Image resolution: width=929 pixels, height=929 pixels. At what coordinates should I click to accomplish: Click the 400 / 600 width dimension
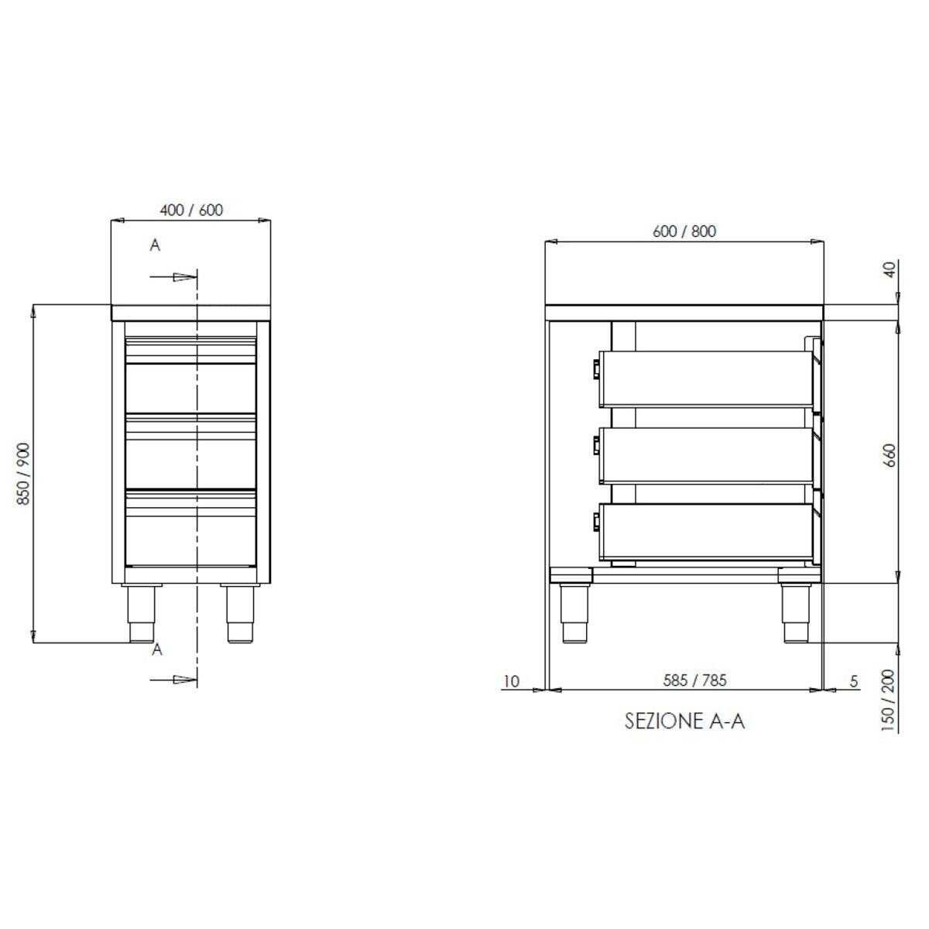point(190,211)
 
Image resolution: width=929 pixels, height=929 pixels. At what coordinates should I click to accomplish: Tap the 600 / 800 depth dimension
point(684,231)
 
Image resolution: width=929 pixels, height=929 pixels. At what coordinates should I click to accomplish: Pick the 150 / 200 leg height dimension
point(889,700)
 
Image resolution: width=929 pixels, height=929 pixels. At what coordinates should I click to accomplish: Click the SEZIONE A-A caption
point(684,722)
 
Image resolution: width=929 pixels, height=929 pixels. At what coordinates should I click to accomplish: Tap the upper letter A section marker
point(155,245)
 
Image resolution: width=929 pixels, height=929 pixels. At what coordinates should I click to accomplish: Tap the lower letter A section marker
point(157,650)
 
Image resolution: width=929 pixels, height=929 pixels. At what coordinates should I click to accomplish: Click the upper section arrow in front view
point(174,276)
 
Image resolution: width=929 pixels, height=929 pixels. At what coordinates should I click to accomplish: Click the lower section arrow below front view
point(174,680)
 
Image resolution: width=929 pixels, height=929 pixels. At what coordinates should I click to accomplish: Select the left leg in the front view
point(141,613)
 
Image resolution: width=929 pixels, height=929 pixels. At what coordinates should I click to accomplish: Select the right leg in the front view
point(239,613)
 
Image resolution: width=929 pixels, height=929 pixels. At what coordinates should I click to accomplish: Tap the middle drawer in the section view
point(708,455)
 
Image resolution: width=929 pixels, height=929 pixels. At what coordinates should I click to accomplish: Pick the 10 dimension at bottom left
point(511,681)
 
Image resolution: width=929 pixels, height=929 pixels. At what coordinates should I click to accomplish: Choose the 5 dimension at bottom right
point(854,681)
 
